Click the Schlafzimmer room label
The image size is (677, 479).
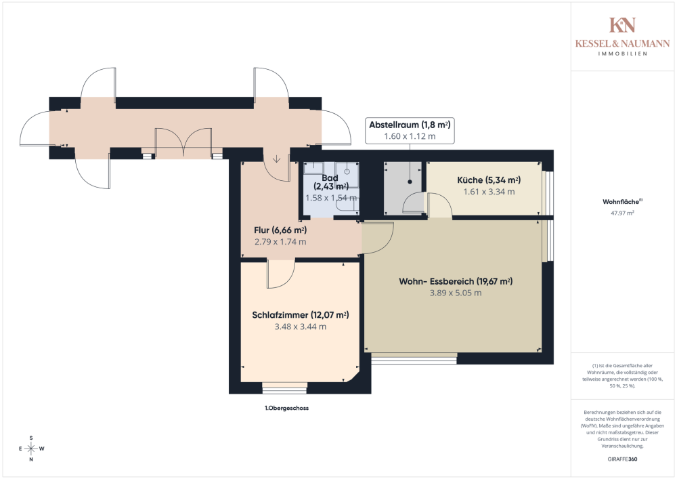(300, 315)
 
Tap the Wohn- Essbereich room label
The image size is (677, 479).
(455, 282)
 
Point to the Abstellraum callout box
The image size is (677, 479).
(410, 130)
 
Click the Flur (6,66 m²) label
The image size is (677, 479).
(276, 230)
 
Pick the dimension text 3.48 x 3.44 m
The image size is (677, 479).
(300, 327)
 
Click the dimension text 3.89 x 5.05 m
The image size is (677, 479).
(455, 293)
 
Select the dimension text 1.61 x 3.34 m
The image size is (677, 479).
(488, 192)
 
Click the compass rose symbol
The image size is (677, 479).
(30, 449)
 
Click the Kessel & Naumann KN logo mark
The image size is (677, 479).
(622, 25)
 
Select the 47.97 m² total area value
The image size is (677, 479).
(622, 212)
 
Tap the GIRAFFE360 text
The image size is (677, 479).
(622, 459)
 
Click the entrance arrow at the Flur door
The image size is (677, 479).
(277, 159)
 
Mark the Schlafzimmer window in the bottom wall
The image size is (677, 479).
(284, 388)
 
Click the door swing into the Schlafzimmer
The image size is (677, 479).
(280, 274)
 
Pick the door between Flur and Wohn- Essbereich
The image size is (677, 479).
(378, 238)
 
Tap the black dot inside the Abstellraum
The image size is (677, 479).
(410, 182)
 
